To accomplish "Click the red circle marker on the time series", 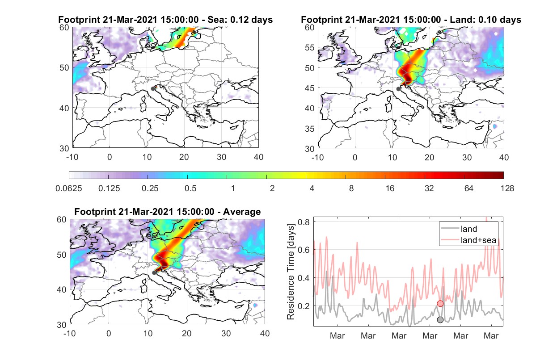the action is click(440, 303).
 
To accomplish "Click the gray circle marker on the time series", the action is click(440, 320).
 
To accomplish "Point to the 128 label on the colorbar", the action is click(507, 188).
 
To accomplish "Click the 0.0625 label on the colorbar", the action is click(69, 188).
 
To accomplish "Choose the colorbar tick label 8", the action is click(351, 188).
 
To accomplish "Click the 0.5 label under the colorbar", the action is click(190, 188).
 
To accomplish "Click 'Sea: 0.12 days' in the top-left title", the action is click(240, 20).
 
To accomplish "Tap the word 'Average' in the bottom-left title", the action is click(242, 212).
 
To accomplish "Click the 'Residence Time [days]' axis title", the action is click(291, 272).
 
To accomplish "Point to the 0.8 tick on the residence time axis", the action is click(304, 222).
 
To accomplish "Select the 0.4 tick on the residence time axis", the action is click(304, 278).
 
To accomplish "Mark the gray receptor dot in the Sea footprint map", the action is click(153, 89).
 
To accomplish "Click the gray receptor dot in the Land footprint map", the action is click(398, 89).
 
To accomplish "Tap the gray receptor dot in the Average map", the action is click(154, 273).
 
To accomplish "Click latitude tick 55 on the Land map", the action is click(310, 47).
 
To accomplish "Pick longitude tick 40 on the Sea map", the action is click(258, 157).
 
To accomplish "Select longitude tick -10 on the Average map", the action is click(70, 333).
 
